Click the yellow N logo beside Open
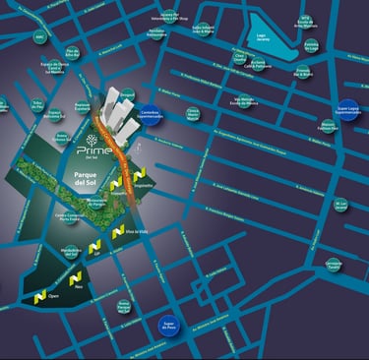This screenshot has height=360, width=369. pyautogui.click(x=38, y=295)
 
